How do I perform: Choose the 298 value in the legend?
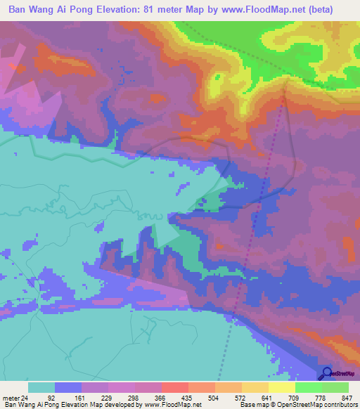131,397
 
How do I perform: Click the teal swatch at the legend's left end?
41,387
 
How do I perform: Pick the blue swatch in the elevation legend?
68,387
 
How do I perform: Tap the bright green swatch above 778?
309,387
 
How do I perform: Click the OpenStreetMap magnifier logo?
326,374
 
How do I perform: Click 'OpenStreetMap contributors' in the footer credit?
316,405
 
